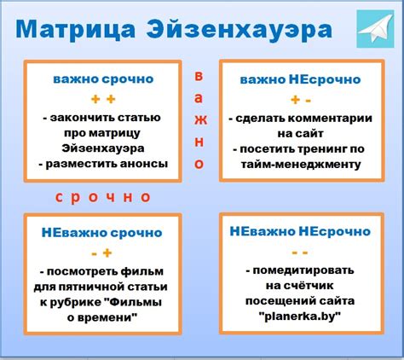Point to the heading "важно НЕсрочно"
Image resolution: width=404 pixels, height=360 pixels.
300,79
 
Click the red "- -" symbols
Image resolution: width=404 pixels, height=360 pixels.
300,252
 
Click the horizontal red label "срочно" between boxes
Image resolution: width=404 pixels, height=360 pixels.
102,197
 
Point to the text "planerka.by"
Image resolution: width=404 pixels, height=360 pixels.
300,316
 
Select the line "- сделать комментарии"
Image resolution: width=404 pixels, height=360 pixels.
300,117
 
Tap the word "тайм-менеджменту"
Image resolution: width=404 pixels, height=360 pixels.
300,164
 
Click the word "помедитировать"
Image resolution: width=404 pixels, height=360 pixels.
304,271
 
